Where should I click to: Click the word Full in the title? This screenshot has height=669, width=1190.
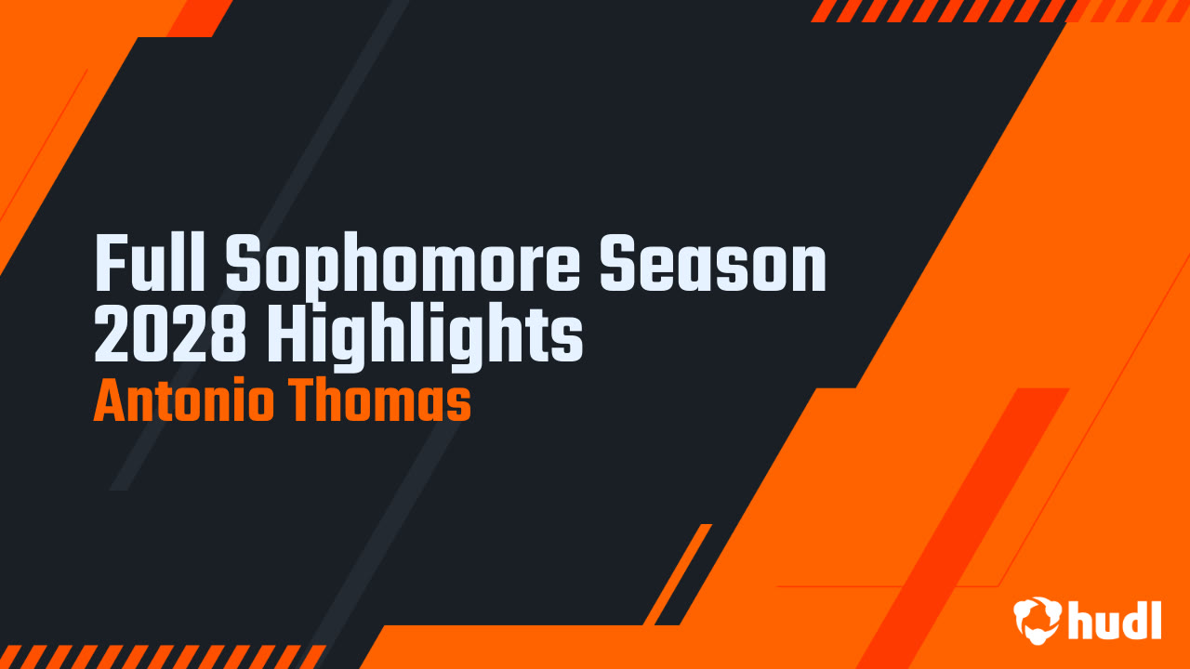tap(150, 263)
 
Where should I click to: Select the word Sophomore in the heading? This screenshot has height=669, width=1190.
tap(403, 269)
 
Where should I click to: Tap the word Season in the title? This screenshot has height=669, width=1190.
tap(713, 263)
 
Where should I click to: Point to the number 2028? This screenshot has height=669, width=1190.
tap(170, 334)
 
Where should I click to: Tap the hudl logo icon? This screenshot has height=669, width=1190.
tap(1038, 621)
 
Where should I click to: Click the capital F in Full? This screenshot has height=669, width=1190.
tap(110, 263)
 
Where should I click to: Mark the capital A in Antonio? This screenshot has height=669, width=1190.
tap(111, 400)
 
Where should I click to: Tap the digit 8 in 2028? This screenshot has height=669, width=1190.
tap(229, 334)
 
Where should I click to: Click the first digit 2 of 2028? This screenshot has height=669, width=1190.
tap(112, 334)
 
